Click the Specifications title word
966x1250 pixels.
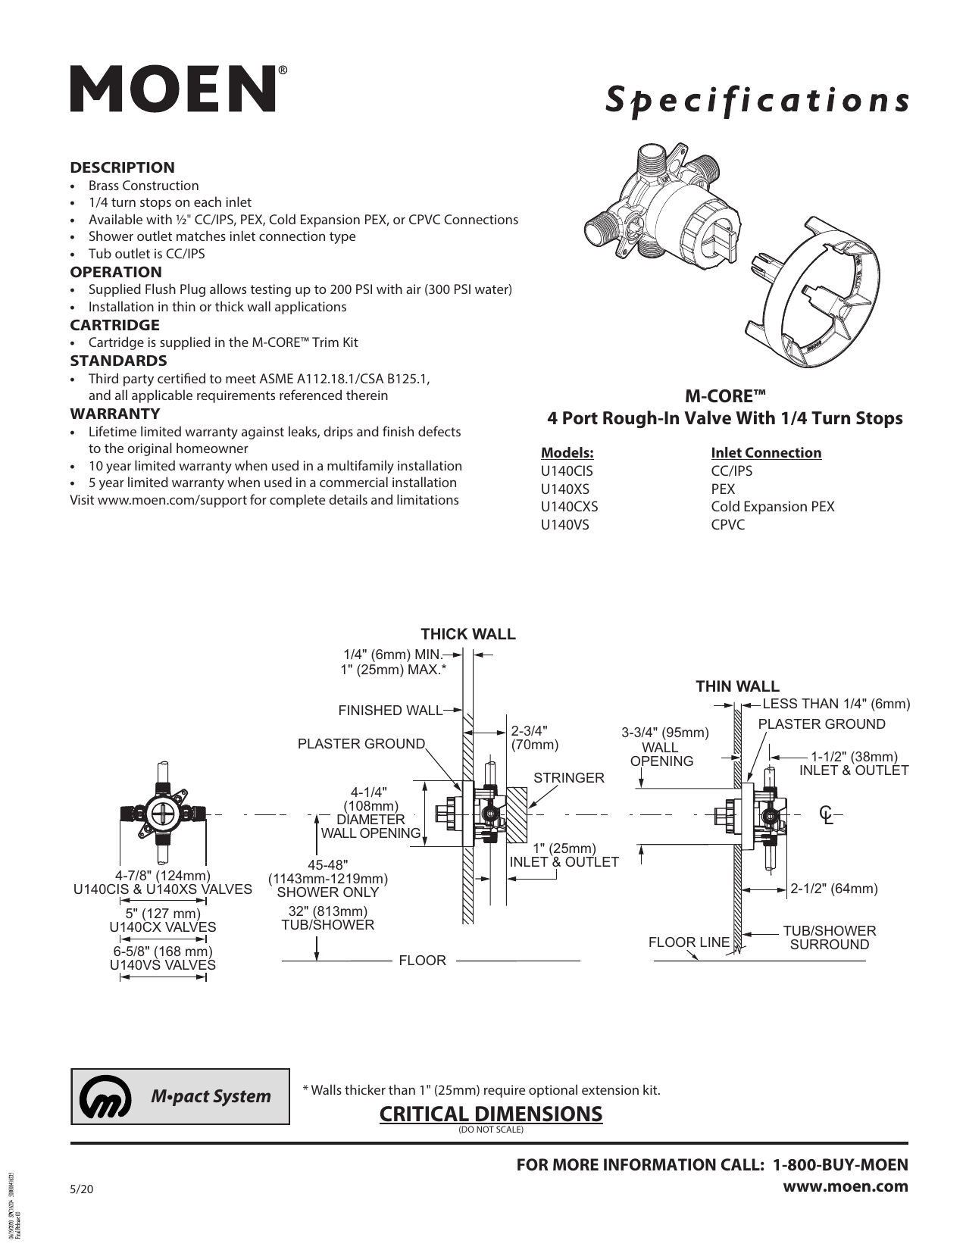pyautogui.click(x=756, y=101)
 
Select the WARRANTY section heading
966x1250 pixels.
pyautogui.click(x=115, y=414)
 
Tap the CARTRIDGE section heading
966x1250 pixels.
pyautogui.click(x=114, y=325)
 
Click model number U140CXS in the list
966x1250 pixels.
pyautogui.click(x=569, y=507)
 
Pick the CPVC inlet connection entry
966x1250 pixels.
pyautogui.click(x=727, y=525)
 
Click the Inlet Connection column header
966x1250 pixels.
pyautogui.click(x=765, y=453)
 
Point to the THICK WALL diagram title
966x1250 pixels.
pyautogui.click(x=467, y=635)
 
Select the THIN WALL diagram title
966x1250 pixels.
pyautogui.click(x=737, y=687)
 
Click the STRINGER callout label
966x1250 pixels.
pyautogui.click(x=569, y=778)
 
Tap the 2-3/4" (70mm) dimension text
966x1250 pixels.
pyautogui.click(x=534, y=738)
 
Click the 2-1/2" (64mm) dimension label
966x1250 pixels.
pyautogui.click(x=833, y=889)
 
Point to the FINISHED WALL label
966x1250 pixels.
pyautogui.click(x=389, y=711)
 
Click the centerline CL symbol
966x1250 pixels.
pyautogui.click(x=827, y=815)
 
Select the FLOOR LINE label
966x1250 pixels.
pyautogui.click(x=689, y=942)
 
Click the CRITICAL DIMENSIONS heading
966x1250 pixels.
pyautogui.click(x=490, y=1114)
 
